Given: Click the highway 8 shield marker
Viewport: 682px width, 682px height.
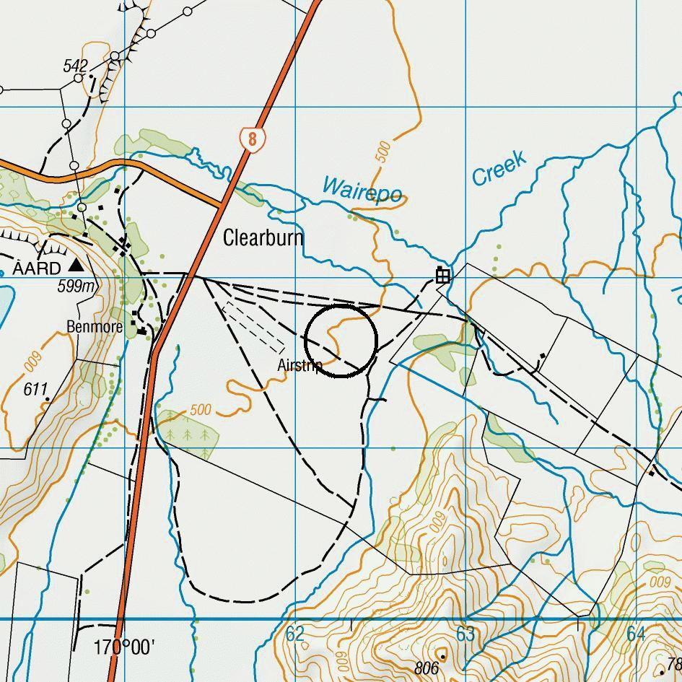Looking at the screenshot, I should click(250, 139).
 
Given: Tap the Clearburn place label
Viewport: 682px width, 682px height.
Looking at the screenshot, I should click(263, 237).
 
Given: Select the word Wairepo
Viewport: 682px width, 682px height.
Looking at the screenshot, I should click(361, 191).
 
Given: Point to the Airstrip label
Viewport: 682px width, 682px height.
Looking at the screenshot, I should click(300, 365).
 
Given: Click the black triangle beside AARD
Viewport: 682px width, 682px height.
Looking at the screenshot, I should click(75, 266).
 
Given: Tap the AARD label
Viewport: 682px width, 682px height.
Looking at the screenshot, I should click(36, 269).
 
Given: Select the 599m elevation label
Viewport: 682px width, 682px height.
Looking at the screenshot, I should click(76, 287).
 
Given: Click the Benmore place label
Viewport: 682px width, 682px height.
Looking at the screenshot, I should click(95, 327).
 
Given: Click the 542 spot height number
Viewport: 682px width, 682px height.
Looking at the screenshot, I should click(75, 66).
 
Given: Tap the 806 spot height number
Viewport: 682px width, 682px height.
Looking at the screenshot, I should click(427, 668).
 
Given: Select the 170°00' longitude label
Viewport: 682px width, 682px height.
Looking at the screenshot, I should click(124, 647).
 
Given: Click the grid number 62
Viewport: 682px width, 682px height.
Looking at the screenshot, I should click(295, 634).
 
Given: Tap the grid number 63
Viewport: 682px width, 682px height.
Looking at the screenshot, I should click(465, 634).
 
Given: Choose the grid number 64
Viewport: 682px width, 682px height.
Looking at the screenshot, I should click(636, 634).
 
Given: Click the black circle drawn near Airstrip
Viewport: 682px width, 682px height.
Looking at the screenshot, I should click(341, 340).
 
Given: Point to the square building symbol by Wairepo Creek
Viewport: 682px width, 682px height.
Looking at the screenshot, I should click(442, 275).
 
